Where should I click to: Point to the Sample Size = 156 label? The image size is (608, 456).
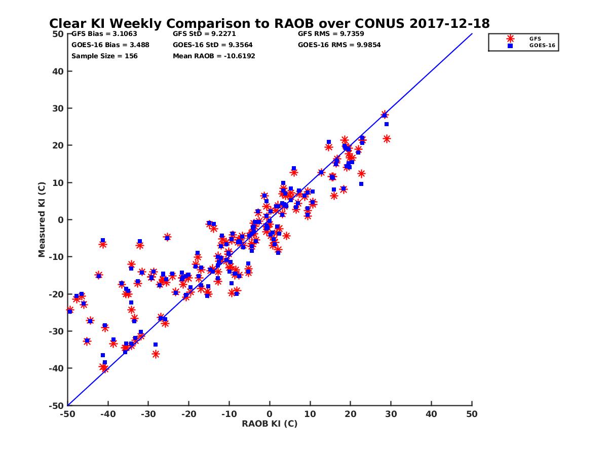click(104, 56)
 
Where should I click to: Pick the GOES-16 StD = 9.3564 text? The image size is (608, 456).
click(206, 45)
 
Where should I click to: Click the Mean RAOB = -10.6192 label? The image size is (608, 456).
click(214, 56)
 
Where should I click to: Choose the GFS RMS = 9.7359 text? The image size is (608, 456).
click(331, 34)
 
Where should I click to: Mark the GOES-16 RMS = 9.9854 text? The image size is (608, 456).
click(339, 45)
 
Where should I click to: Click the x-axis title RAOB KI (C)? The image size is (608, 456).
click(270, 424)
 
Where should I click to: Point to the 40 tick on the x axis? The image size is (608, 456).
click(432, 414)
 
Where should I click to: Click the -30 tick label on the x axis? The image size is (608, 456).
click(148, 414)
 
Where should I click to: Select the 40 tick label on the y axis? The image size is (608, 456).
click(58, 71)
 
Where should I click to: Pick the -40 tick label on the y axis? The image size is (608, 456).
click(56, 368)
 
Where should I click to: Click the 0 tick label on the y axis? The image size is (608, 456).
click(60, 220)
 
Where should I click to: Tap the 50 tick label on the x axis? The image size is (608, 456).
click(472, 414)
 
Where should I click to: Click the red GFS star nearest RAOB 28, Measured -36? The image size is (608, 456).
click(156, 354)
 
